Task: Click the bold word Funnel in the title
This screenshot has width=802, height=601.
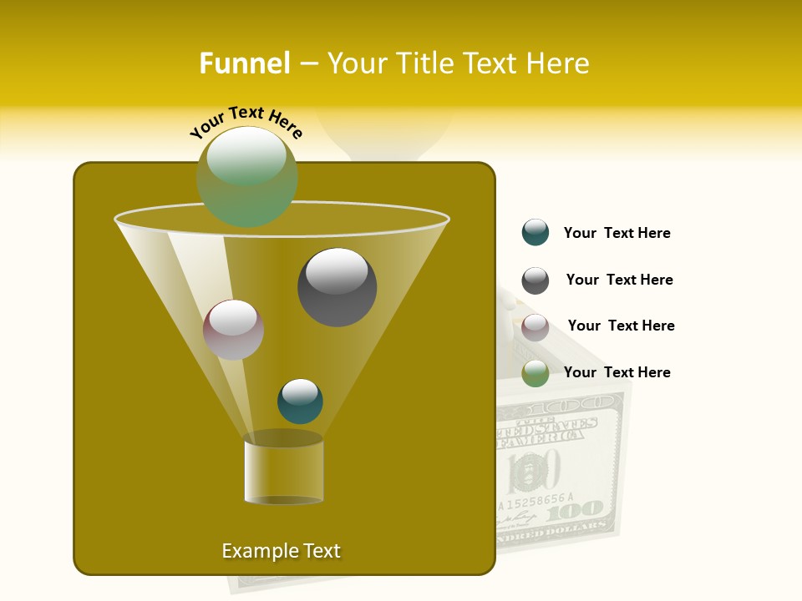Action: coord(244,63)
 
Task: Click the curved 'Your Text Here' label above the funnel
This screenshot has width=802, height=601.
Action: coord(246,124)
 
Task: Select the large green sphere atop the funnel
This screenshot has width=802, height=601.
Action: coord(246,176)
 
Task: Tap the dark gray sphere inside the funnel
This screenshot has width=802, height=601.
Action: coord(337,286)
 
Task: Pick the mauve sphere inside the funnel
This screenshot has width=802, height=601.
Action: coord(233,330)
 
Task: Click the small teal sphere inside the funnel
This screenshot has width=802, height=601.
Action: coord(300,402)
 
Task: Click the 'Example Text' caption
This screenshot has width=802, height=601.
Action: coord(281,551)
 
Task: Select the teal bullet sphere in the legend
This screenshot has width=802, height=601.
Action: coord(536,233)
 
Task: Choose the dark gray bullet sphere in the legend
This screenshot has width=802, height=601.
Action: coord(536,280)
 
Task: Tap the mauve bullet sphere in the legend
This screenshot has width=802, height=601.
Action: coord(536,326)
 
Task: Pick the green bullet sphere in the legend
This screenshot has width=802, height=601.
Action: coord(536,373)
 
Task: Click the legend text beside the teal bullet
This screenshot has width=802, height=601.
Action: coord(617,233)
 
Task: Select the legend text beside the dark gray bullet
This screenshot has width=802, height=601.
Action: coord(619,280)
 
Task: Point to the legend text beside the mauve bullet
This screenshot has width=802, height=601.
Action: coord(621,326)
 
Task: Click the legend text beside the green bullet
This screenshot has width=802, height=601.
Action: coord(617,372)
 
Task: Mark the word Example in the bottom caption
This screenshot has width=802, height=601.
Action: coord(254,551)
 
